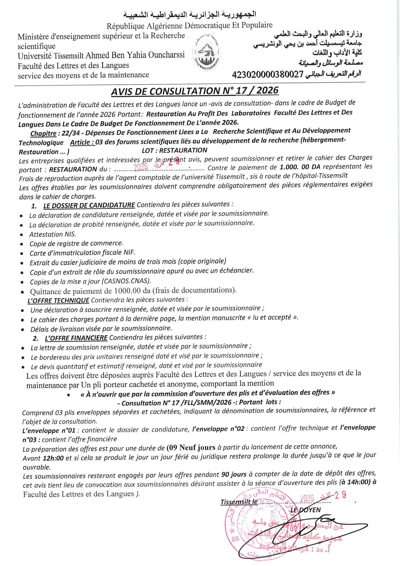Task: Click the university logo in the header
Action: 207,52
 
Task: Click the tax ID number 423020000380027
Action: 268,75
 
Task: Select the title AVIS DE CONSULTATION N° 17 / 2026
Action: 195,91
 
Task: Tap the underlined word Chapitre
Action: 43,133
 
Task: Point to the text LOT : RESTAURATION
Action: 175,150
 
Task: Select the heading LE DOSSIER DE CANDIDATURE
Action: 89,205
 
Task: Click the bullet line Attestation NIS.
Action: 53,234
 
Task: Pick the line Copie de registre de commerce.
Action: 76,243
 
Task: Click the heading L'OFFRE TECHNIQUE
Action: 58,300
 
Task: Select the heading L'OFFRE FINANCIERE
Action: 76,338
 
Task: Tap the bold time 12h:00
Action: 53,458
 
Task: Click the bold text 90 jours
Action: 234,474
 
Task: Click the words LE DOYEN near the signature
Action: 305,510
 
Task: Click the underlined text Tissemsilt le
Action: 239,502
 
